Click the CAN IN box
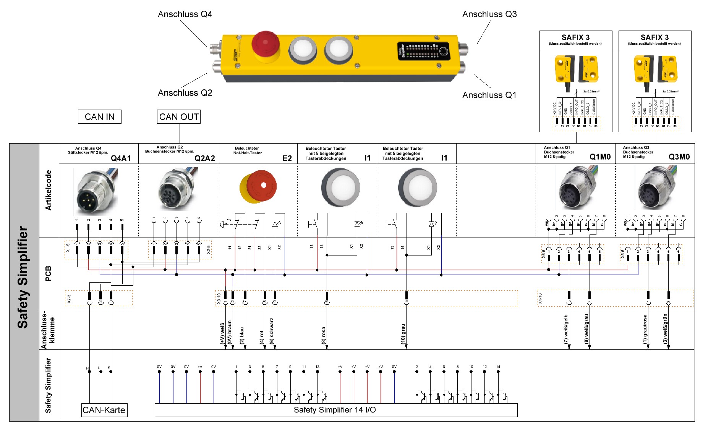pos(99,117)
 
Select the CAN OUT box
pos(179,117)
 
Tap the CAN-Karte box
pos(104,410)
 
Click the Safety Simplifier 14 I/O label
pos(335,410)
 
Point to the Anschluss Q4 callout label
pos(185,15)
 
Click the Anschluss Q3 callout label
pos(489,15)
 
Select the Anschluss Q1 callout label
pos(489,95)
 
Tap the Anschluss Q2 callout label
pos(185,93)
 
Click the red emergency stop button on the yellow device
pos(266,44)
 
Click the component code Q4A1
pos(121,158)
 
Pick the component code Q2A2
pos(205,158)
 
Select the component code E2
pos(287,158)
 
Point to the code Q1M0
pos(600,157)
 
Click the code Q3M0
pos(679,157)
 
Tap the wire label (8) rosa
pos(323,335)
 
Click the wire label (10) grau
pos(403,334)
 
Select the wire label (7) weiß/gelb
pos(566,329)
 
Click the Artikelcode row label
pos(49,190)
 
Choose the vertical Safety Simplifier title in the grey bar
pos(23,277)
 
